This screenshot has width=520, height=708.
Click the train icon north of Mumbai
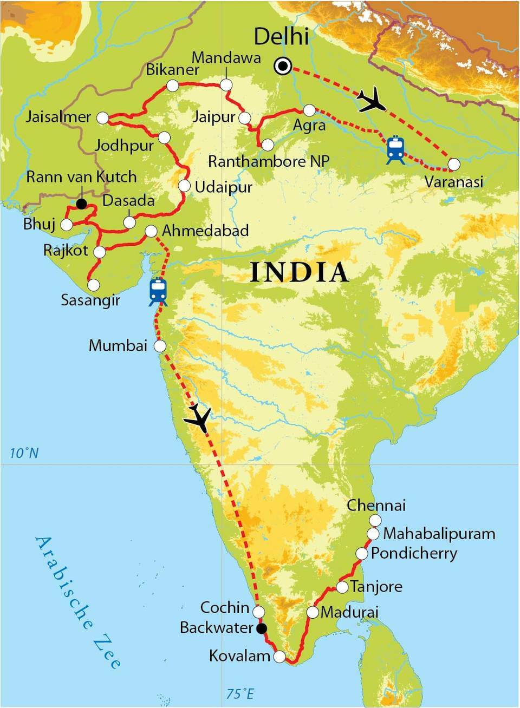(x=158, y=292)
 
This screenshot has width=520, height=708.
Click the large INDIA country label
(x=299, y=272)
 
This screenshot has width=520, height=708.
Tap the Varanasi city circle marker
(x=454, y=163)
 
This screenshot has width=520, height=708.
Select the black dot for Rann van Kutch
(x=81, y=204)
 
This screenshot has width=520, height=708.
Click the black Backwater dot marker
(x=261, y=628)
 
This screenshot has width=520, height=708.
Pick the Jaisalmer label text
(x=58, y=117)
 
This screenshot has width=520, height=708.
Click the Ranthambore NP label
(x=269, y=161)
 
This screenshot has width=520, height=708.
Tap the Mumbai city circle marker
(x=160, y=346)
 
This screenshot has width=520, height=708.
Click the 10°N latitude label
(x=24, y=453)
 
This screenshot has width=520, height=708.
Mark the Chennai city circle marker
(x=374, y=520)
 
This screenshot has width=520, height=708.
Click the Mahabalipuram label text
(x=439, y=534)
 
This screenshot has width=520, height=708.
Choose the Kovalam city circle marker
(x=279, y=657)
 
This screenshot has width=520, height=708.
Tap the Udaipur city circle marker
(x=184, y=186)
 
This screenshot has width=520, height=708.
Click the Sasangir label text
(x=90, y=300)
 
